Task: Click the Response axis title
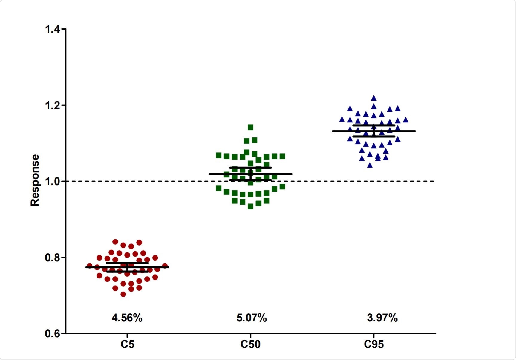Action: click(35, 180)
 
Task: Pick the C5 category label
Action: click(127, 344)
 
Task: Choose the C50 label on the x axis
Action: click(250, 344)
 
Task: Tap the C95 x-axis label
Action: click(374, 344)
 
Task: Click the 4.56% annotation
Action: click(127, 318)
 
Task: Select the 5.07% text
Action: click(252, 318)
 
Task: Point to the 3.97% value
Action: click(382, 318)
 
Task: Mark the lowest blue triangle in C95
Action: click(370, 165)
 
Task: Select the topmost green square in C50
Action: click(250, 128)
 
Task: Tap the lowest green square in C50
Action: click(250, 206)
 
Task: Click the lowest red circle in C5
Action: click(123, 294)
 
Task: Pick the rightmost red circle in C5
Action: click(165, 266)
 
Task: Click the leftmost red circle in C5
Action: click(89, 266)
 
